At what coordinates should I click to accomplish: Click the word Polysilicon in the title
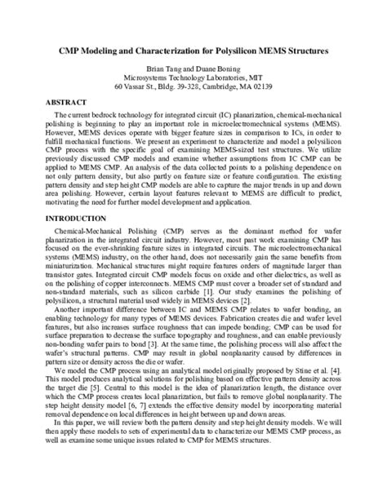pyautogui.click(x=241, y=50)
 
